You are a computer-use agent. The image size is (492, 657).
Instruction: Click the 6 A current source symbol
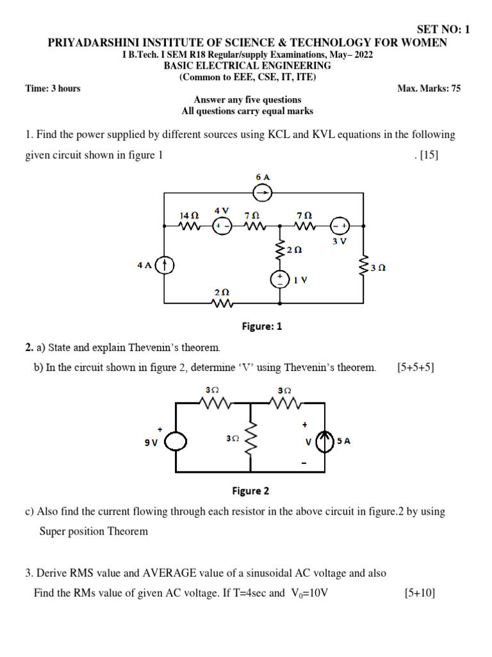pos(261,192)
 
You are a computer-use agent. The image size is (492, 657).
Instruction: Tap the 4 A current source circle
pos(165,264)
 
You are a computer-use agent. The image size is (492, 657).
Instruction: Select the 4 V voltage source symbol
pos(222,226)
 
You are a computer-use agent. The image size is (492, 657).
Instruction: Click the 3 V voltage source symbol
pos(340,226)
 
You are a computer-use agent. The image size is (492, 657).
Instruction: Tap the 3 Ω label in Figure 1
pos(378,268)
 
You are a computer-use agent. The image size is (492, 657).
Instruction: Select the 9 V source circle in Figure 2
pos(176,441)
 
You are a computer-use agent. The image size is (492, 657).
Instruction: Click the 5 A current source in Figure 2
pos(326,441)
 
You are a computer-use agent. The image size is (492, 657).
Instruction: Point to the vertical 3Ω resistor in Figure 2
pos(250,438)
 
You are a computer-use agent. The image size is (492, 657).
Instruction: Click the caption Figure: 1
pos(261,327)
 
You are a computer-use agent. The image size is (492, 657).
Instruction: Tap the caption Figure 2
pos(250,491)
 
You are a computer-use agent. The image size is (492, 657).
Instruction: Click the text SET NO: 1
pos(443,30)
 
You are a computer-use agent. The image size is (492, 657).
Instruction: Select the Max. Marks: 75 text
pos(429,89)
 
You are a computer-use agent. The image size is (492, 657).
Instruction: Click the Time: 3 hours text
pos(53,89)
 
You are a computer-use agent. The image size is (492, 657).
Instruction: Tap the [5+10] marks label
pos(420,593)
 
